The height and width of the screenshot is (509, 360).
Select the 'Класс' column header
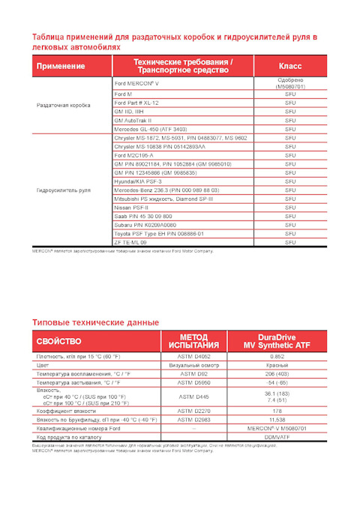(x=290, y=66)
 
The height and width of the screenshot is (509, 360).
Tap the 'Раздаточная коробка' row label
(x=64, y=106)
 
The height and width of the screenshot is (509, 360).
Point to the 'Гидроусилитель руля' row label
(x=64, y=190)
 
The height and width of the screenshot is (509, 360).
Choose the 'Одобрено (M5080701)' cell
(x=290, y=83)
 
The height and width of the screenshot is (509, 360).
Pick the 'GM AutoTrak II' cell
(x=133, y=120)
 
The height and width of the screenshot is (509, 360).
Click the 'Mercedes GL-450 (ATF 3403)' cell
(x=151, y=129)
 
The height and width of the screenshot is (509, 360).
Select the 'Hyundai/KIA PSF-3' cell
(x=139, y=181)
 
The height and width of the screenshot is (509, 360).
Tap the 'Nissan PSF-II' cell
(x=133, y=208)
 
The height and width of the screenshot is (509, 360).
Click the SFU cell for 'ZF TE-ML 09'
(x=290, y=243)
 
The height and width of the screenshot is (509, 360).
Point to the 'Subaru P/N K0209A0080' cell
(x=145, y=225)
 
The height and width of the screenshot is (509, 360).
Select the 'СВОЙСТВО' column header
(x=59, y=341)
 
